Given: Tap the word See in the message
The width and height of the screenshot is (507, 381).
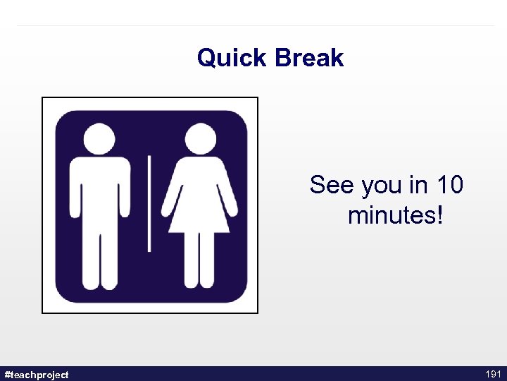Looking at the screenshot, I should click(x=332, y=185).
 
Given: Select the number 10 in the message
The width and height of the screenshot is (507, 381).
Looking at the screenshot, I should click(x=449, y=185).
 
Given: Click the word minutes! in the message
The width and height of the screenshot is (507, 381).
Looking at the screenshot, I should click(x=396, y=215).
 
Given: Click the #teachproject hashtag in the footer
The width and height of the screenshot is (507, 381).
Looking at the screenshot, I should click(x=37, y=375).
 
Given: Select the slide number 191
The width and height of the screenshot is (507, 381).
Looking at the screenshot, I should click(x=492, y=374).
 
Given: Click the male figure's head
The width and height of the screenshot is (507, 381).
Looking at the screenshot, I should click(x=99, y=138).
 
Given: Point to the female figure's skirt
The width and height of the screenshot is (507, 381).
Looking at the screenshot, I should click(x=199, y=212).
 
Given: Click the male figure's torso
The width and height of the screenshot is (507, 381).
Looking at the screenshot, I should click(x=99, y=190).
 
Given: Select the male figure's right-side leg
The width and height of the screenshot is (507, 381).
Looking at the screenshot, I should click(x=109, y=258).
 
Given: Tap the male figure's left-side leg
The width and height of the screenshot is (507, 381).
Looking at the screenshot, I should click(x=89, y=258).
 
